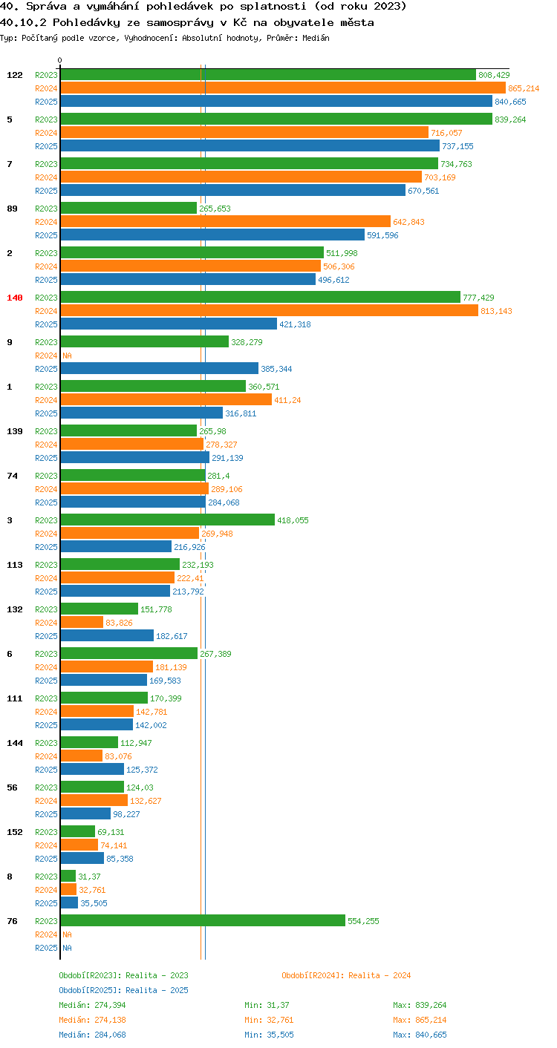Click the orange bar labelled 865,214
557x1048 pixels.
283,88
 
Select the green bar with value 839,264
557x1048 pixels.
276,119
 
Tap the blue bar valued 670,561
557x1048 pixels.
233,191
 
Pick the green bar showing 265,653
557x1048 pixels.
128,209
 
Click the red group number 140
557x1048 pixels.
15,298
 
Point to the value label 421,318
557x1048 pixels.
295,324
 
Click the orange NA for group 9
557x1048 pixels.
68,356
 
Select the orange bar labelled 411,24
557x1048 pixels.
166,399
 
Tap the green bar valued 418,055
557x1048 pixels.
168,520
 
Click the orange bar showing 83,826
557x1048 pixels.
82,622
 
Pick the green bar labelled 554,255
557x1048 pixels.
203,921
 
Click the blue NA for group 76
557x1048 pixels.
68,948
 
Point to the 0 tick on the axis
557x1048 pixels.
60,60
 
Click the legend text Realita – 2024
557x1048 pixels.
380,975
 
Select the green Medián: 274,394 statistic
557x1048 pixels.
92,1005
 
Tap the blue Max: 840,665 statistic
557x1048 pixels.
420,1035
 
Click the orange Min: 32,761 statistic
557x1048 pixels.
269,1020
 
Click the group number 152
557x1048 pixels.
15,832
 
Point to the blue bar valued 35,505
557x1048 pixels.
69,903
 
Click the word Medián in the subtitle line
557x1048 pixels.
316,38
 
